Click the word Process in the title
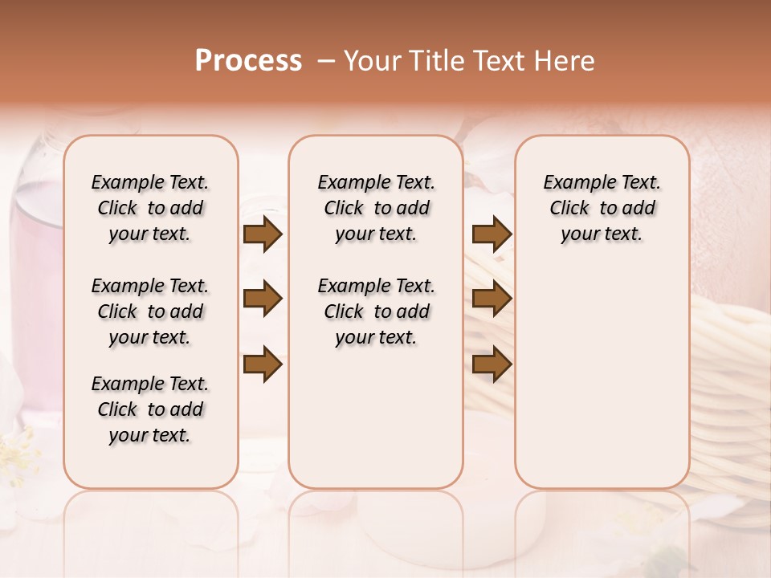coord(248,60)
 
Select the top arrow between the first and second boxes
coord(263,234)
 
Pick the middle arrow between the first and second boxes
coord(263,299)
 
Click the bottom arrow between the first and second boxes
coord(263,364)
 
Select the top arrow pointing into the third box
coord(492,234)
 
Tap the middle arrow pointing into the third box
coord(492,299)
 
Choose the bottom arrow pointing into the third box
coord(492,364)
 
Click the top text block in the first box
coord(150,208)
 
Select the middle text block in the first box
coord(150,311)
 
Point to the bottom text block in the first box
coord(150,409)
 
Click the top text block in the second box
coord(377,208)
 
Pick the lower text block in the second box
coord(377,311)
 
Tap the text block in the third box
coord(602,208)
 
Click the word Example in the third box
coord(575,183)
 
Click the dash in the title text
coord(326,61)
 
